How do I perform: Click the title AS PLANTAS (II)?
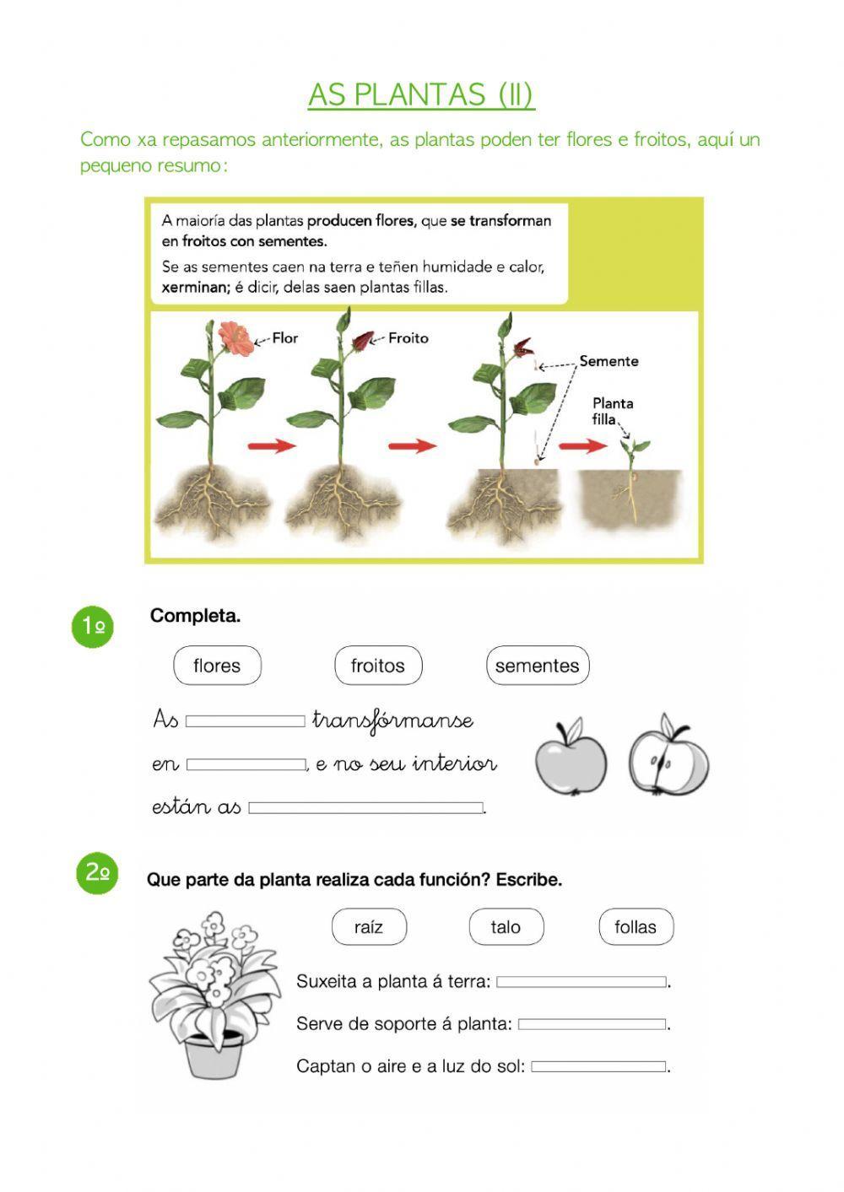421,94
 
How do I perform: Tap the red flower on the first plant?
235,338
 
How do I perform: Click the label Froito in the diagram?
408,338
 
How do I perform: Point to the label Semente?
609,361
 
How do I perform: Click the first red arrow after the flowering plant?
272,445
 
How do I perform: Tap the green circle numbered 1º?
93,626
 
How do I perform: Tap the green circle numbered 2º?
97,872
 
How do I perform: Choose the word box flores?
217,666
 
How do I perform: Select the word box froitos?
378,666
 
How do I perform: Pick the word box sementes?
538,666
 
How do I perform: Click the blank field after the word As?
245,721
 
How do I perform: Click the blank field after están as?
365,808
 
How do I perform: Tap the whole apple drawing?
571,758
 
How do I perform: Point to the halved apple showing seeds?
668,756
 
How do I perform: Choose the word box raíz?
369,927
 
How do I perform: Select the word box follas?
636,927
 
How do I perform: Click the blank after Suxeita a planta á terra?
582,982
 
